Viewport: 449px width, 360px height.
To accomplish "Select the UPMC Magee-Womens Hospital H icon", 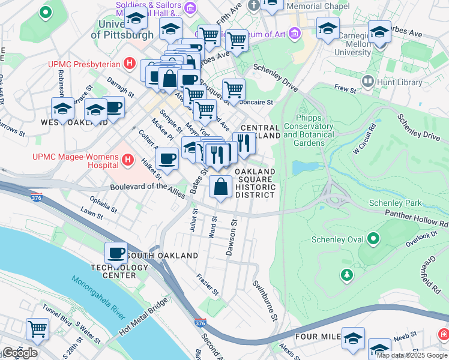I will pyautogui.click(x=127, y=160).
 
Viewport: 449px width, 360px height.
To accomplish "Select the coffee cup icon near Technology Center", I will pyautogui.click(x=116, y=253).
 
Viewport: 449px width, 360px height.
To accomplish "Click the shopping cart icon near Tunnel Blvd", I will pyautogui.click(x=37, y=329).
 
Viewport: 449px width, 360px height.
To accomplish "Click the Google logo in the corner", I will pyautogui.click(x=19, y=352).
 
